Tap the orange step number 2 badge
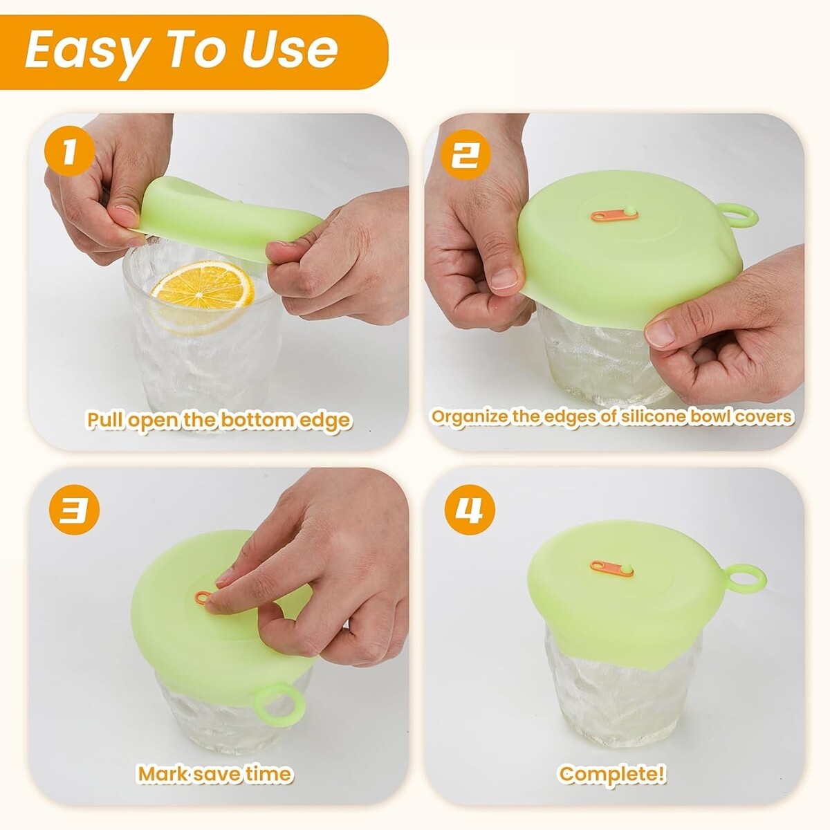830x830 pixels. click(x=465, y=154)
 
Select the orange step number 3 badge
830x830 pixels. click(x=75, y=510)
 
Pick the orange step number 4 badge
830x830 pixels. click(x=470, y=510)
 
